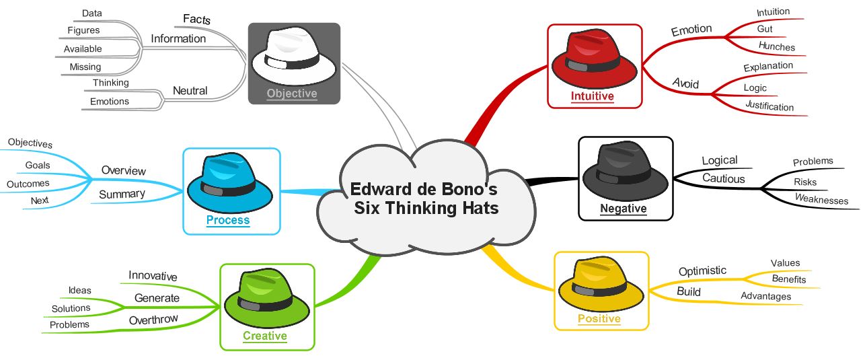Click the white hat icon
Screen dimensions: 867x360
pyautogui.click(x=293, y=56)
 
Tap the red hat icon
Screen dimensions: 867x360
pyautogui.click(x=594, y=59)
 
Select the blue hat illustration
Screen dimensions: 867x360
pyautogui.click(x=230, y=183)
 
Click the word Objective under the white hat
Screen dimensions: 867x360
pyautogui.click(x=292, y=94)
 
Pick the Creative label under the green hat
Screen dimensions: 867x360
pyautogui.click(x=265, y=336)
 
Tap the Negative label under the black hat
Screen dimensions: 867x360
pyautogui.click(x=623, y=208)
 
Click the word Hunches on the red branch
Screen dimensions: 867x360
pyautogui.click(x=776, y=46)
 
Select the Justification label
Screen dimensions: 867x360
pyautogui.click(x=769, y=106)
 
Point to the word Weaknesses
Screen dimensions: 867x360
pyautogui.click(x=821, y=199)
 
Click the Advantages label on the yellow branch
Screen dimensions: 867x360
pyautogui.click(x=766, y=296)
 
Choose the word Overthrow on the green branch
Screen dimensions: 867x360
pyautogui.click(x=153, y=320)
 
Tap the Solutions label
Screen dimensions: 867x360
pyautogui.click(x=71, y=308)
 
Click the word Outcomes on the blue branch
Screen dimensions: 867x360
pyautogui.click(x=28, y=184)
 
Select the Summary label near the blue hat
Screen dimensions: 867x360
pyautogui.click(x=122, y=194)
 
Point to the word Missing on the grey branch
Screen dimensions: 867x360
pyautogui.click(x=85, y=67)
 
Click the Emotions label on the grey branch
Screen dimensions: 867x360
pyautogui.click(x=110, y=102)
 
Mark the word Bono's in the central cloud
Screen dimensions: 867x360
pyautogui.click(x=469, y=189)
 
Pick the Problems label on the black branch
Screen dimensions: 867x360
pyautogui.click(x=813, y=161)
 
